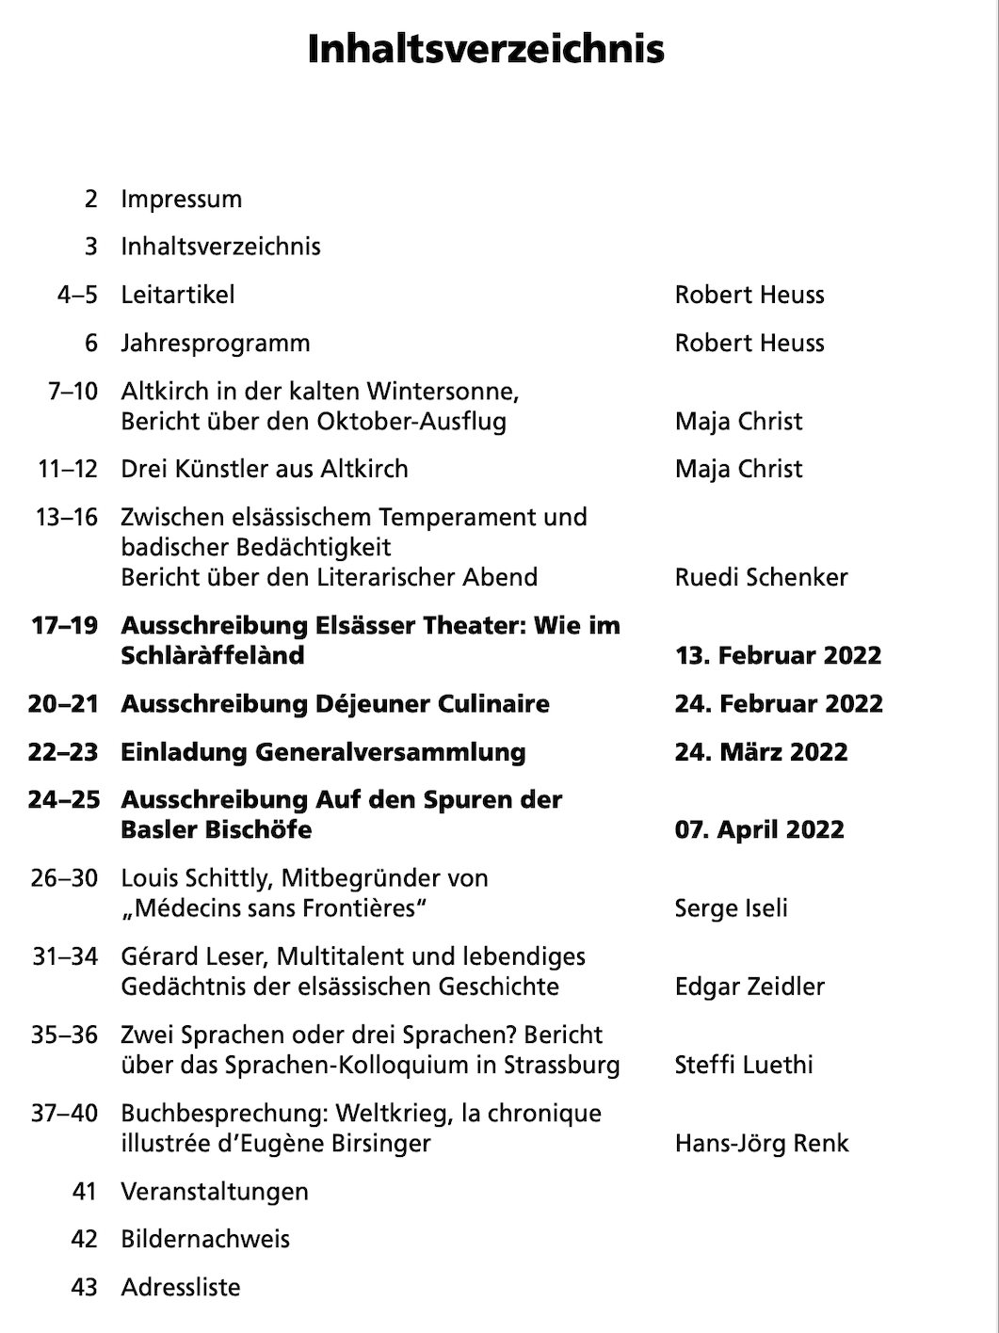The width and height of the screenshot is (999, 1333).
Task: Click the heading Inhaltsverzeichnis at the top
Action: point(486,50)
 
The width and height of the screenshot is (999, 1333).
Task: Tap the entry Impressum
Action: point(181,200)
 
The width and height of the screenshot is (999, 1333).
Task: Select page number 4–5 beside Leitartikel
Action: point(77,295)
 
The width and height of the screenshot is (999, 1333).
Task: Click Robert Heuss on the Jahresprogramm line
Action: point(749,343)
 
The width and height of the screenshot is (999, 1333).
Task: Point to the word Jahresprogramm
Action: point(215,343)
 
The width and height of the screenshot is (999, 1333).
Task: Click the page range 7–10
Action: point(73,391)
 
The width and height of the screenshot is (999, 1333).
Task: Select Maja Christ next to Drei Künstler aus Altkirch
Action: point(738,469)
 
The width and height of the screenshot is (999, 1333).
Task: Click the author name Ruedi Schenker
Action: point(761,577)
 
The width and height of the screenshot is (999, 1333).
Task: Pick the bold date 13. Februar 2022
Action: point(778,655)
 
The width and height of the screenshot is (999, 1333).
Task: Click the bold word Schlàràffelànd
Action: point(212,655)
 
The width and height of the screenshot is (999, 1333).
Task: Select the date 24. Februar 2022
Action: point(779,704)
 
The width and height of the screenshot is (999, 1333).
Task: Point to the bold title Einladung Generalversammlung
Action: point(323,752)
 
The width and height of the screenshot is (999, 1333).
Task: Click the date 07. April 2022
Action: point(759,830)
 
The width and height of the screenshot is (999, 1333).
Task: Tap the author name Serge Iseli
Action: point(731,908)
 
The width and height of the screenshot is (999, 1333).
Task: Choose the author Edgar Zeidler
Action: point(749,987)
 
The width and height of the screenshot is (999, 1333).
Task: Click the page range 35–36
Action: point(64,1035)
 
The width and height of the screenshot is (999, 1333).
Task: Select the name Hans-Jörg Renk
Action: point(762,1144)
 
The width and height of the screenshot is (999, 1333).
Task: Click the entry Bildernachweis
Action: point(205,1239)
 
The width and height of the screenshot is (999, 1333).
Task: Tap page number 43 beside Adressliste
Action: point(84,1287)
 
